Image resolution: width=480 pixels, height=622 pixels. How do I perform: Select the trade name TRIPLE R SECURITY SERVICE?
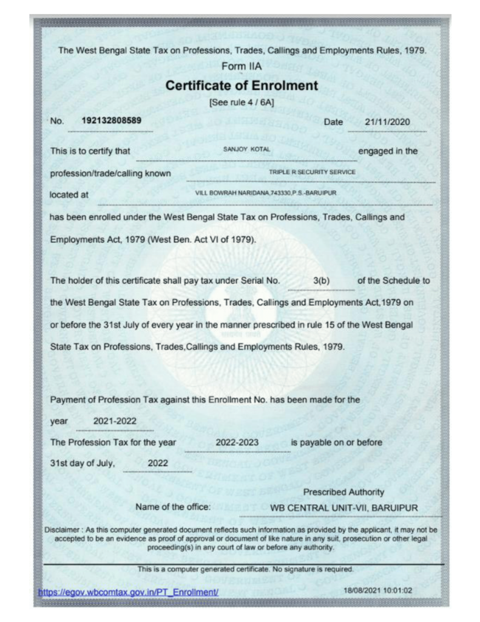[313, 173]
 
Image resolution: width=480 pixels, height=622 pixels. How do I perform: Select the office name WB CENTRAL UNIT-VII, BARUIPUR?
[344, 507]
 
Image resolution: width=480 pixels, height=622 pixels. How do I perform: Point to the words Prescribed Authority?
[343, 491]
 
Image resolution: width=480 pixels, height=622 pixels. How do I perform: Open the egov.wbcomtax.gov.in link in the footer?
[128, 590]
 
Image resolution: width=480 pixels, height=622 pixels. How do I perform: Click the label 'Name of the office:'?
[174, 507]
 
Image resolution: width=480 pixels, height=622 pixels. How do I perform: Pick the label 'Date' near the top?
[334, 123]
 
